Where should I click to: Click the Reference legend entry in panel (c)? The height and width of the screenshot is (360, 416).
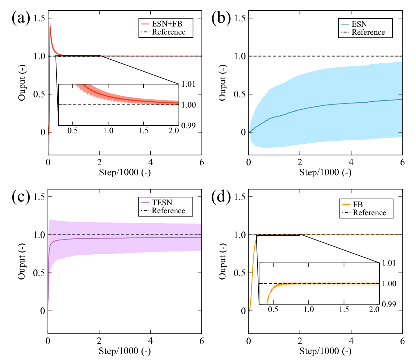tap(168, 211)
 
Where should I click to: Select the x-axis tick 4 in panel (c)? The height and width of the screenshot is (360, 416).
tap(150, 341)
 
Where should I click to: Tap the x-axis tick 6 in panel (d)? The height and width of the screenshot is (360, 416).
tap(402, 341)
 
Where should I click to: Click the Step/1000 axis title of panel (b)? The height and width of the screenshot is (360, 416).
tap(326, 173)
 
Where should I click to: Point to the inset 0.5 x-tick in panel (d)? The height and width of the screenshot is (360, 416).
tap(273, 310)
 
